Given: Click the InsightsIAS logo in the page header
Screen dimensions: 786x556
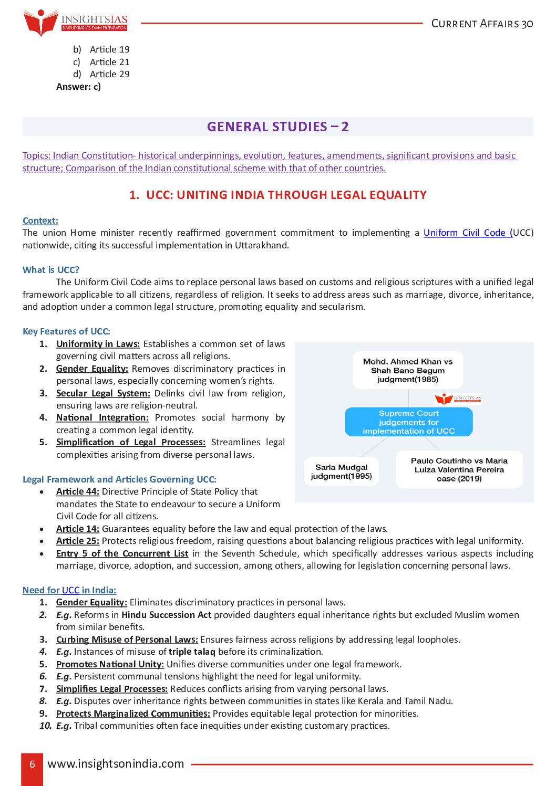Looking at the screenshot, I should click(x=75, y=23).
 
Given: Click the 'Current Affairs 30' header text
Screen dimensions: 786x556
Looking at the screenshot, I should click(x=482, y=24).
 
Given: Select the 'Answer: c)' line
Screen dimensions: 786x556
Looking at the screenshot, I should click(x=78, y=87).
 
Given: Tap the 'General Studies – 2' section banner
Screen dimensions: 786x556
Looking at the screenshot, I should click(x=277, y=127).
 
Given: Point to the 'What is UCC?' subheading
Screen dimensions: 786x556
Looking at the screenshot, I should click(x=51, y=270).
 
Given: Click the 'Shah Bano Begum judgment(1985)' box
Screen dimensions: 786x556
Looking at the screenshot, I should click(x=408, y=370).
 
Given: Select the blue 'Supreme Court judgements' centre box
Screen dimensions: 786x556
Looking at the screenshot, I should click(x=408, y=422).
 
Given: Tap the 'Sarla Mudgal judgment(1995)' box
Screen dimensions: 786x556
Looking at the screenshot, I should click(x=341, y=471).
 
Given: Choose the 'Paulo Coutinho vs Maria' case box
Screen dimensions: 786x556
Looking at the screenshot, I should click(x=459, y=469).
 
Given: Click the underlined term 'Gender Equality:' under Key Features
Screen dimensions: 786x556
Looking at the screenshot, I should click(x=92, y=369).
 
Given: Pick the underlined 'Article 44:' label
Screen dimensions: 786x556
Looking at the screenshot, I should click(x=78, y=491).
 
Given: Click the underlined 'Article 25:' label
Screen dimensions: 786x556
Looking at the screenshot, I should click(x=78, y=541).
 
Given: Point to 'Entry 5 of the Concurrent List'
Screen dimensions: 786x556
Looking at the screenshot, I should click(x=122, y=553).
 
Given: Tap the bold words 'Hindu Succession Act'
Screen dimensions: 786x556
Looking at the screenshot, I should click(x=166, y=615).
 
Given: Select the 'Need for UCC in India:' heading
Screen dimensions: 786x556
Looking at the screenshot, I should click(x=69, y=590).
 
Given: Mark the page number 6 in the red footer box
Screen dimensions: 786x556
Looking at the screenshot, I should click(x=32, y=764).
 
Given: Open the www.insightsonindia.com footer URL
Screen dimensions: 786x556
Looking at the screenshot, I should click(x=116, y=764).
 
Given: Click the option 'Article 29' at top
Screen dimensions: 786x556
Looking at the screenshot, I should click(x=109, y=74).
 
